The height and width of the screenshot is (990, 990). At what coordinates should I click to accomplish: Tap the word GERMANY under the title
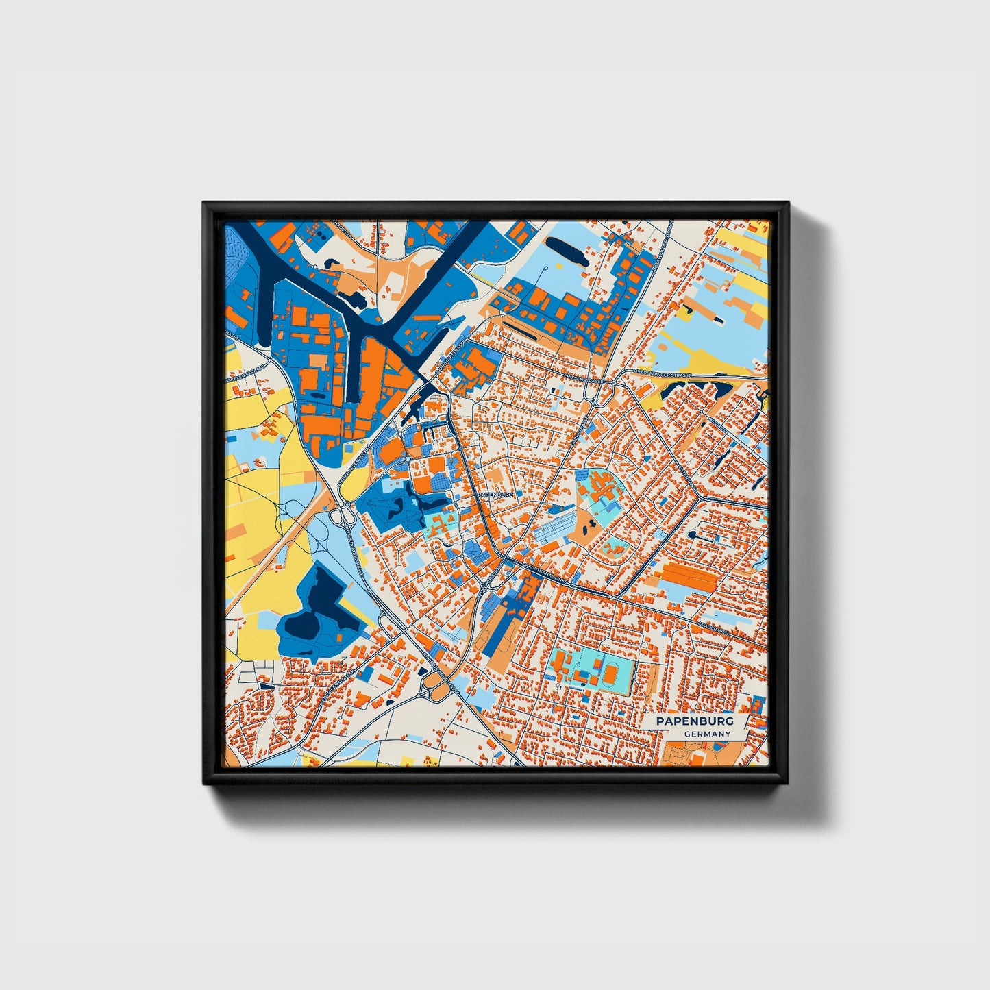point(707,734)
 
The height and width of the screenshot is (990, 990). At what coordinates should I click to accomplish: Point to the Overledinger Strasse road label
point(663,375)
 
